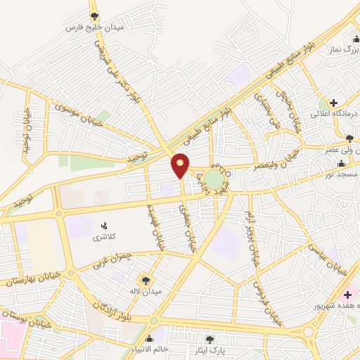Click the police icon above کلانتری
[x=105, y=226]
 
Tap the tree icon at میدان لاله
[x=146, y=280]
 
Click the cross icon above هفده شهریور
[x=346, y=293]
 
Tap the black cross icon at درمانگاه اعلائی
[x=343, y=102]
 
